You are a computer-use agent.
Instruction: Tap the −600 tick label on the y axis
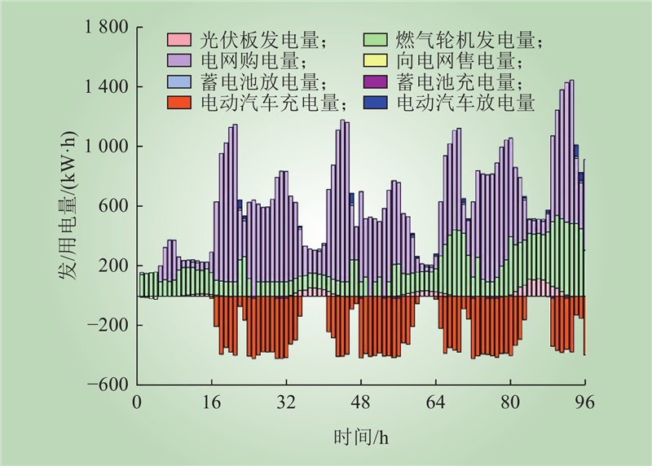tap(111, 385)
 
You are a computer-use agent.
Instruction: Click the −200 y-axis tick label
tap(111, 326)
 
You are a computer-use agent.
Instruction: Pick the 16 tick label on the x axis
tap(212, 402)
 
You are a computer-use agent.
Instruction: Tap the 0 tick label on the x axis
tap(137, 402)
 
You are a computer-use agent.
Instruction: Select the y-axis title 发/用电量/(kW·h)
tap(68, 206)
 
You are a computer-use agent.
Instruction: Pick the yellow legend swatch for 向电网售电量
tap(376, 61)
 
